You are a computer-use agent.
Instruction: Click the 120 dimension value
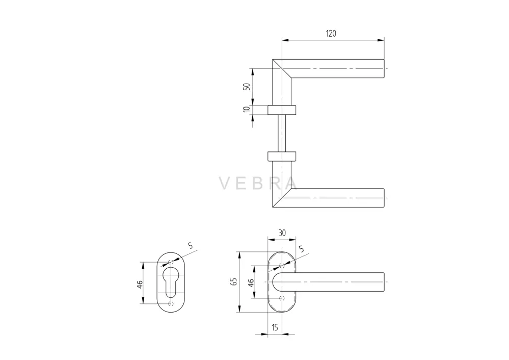(331, 34)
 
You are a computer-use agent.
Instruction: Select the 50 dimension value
(247, 87)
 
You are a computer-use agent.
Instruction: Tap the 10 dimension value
(247, 109)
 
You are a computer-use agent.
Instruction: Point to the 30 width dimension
(282, 233)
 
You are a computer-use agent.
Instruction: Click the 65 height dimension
(233, 281)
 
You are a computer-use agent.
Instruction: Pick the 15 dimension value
(275, 327)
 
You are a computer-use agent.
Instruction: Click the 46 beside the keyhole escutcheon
(140, 285)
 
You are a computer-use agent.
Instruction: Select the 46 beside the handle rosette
(251, 282)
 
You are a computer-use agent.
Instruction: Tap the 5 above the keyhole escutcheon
(191, 246)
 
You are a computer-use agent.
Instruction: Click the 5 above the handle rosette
(302, 249)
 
